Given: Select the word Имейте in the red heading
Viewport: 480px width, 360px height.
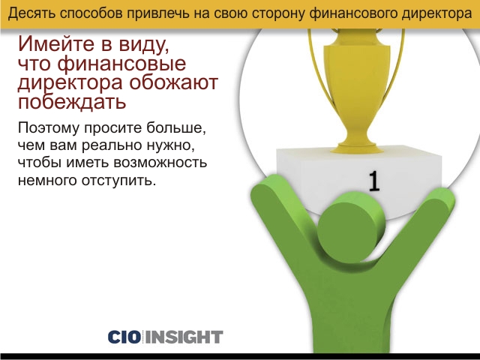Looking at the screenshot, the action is click(x=55, y=43).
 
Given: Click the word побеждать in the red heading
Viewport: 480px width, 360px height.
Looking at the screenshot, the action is click(x=72, y=102).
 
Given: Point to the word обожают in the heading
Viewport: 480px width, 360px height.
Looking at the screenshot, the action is click(x=173, y=82).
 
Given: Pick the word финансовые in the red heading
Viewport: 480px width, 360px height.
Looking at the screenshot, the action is click(x=121, y=64).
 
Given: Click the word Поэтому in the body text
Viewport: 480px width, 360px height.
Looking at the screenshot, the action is click(x=49, y=127).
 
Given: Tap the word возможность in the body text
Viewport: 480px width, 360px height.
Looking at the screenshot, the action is click(x=160, y=162).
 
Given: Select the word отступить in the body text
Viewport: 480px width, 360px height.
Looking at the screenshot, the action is click(x=118, y=180).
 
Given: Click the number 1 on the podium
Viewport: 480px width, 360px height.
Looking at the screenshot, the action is click(x=373, y=181).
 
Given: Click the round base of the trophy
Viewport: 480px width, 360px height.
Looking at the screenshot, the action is click(x=357, y=148).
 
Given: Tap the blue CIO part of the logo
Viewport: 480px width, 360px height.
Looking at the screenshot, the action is click(x=124, y=337).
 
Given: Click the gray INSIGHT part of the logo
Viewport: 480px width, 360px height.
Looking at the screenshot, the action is click(x=184, y=337).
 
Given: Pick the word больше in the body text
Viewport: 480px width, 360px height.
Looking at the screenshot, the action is click(x=175, y=127).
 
